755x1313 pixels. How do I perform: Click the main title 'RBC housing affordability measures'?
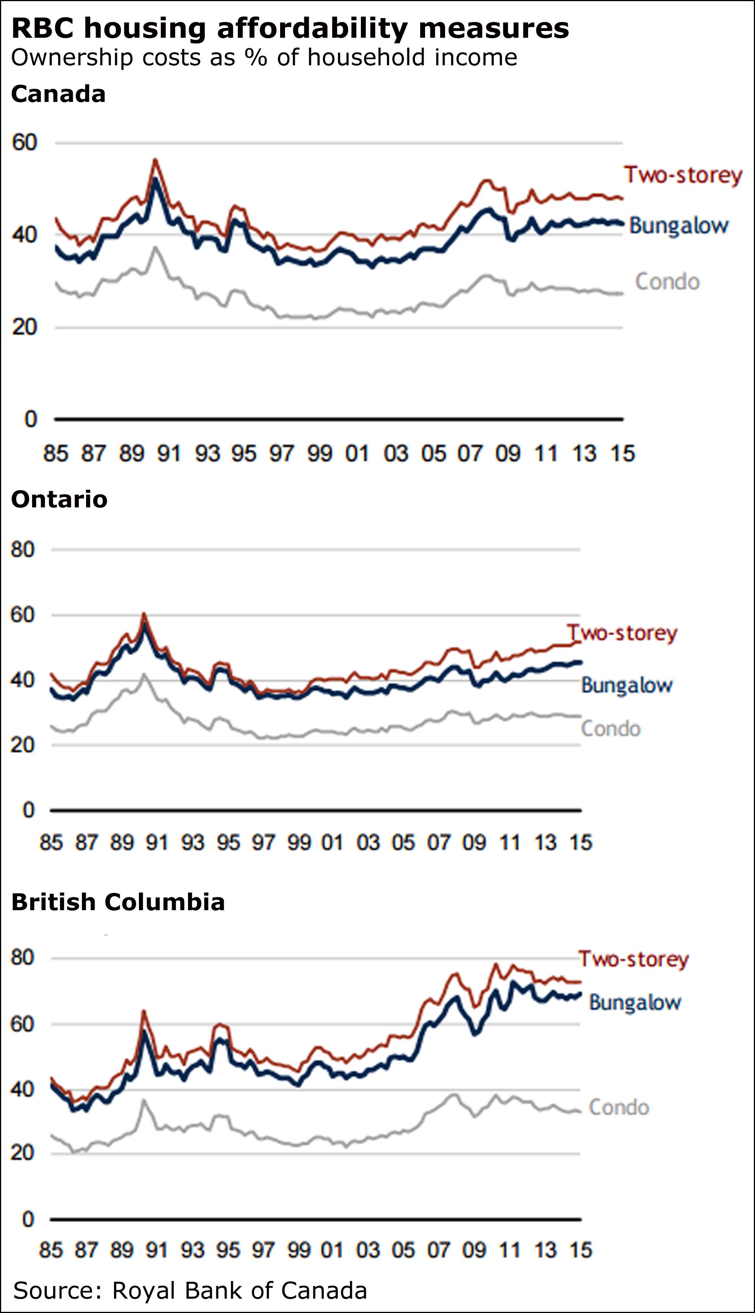pyautogui.click(x=290, y=29)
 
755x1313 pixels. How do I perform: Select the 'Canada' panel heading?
pyautogui.click(x=58, y=94)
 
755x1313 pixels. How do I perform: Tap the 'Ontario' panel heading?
pyautogui.click(x=59, y=499)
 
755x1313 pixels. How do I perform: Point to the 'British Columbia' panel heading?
pyautogui.click(x=118, y=902)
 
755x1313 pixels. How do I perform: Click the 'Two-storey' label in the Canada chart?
pyautogui.click(x=683, y=175)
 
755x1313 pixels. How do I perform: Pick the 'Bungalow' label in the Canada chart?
pyautogui.click(x=679, y=226)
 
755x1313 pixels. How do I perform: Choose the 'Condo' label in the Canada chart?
pyautogui.click(x=667, y=282)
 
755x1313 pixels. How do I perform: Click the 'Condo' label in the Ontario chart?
pyautogui.click(x=610, y=729)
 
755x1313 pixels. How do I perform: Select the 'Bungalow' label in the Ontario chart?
pyautogui.click(x=626, y=686)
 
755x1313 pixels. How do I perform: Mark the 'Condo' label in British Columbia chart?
pyautogui.click(x=619, y=1107)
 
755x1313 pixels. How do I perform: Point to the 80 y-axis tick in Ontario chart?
pyautogui.click(x=22, y=549)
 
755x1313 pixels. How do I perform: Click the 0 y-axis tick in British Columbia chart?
pyautogui.click(x=28, y=1219)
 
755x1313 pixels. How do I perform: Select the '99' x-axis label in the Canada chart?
pyautogui.click(x=319, y=454)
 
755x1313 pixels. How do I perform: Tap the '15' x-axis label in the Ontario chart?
pyautogui.click(x=581, y=843)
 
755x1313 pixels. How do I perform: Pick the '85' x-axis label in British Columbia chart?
pyautogui.click(x=51, y=1250)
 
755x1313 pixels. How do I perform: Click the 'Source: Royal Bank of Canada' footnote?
pyautogui.click(x=190, y=1290)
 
